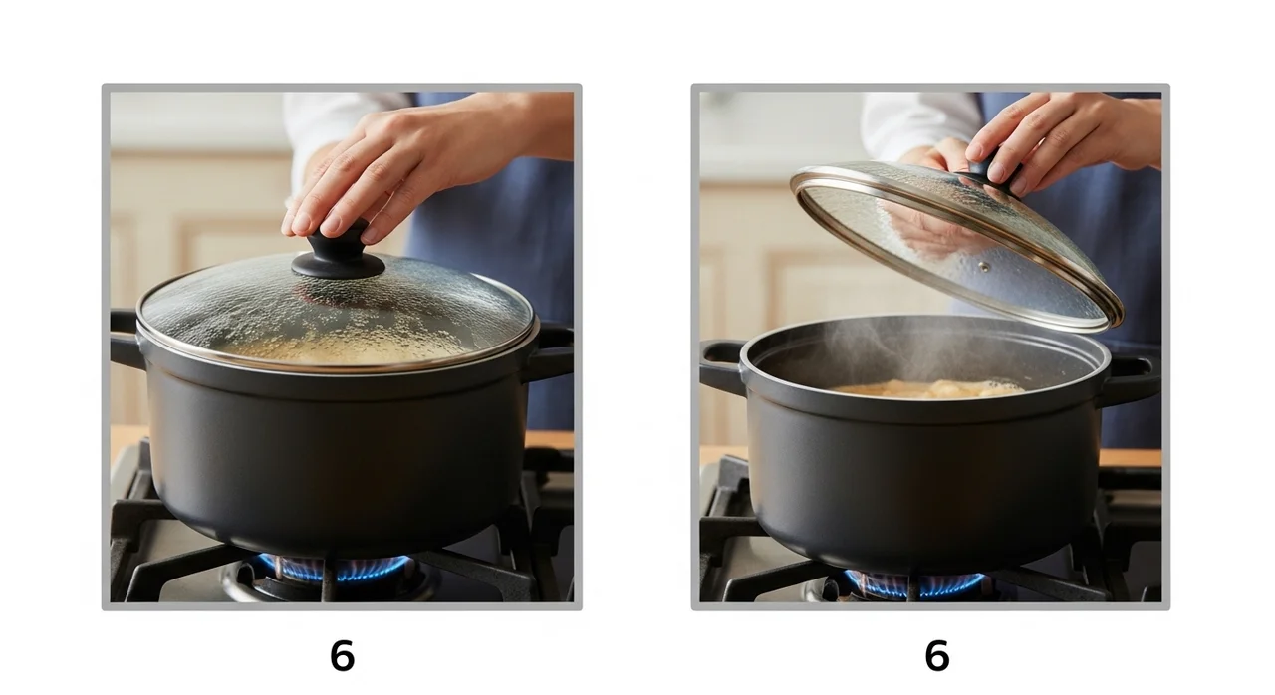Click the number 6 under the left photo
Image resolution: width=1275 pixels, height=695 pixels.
[x=342, y=656]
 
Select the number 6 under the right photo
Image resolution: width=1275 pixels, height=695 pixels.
[x=937, y=656]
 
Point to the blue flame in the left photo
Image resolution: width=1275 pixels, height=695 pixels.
[x=335, y=569]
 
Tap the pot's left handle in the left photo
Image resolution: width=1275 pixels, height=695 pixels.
[x=127, y=339]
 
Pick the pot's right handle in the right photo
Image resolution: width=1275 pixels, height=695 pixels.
[x=1132, y=380]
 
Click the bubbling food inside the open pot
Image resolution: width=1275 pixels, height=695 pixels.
[x=926, y=389]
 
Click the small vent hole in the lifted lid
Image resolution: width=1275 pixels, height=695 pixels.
[x=983, y=266]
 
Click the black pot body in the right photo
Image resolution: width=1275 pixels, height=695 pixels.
[x=925, y=478]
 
